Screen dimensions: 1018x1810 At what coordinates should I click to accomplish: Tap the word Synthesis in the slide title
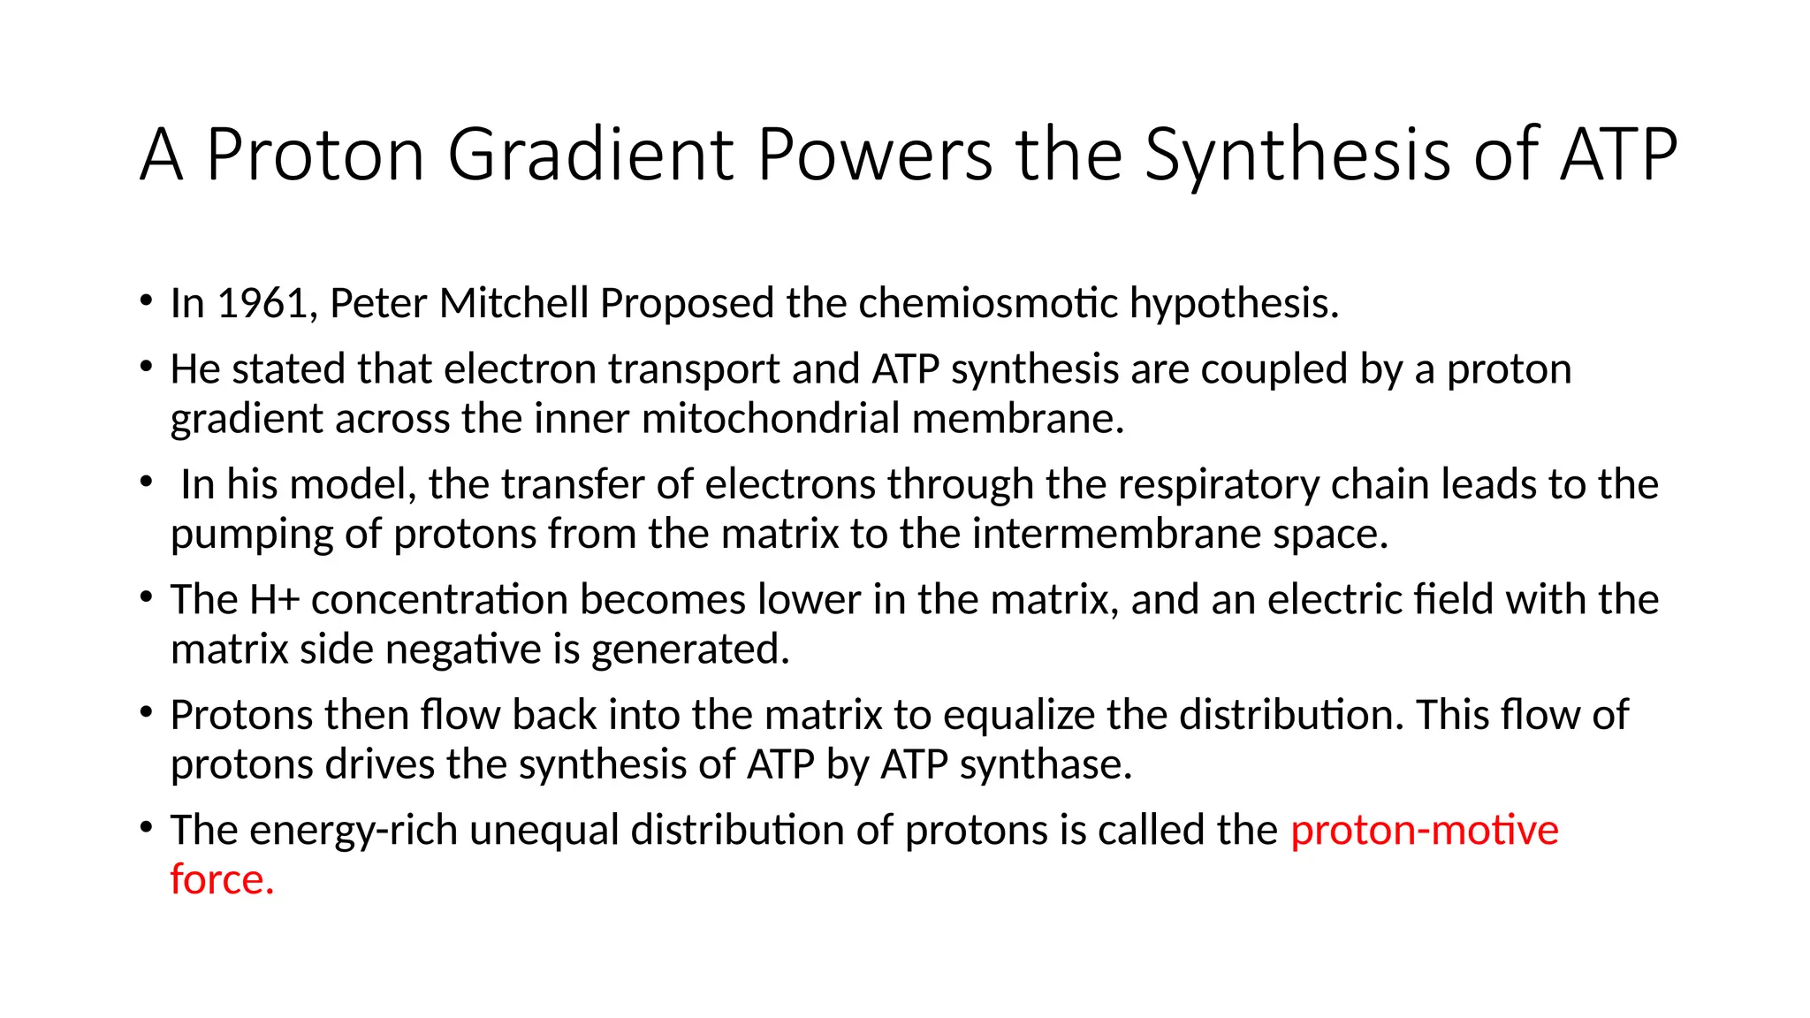[x=1297, y=156]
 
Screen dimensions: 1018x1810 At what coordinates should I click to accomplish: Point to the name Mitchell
[x=513, y=304]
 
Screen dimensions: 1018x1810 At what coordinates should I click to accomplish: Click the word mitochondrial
[x=771, y=419]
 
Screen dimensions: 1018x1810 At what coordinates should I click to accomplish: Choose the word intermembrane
[x=1116, y=534]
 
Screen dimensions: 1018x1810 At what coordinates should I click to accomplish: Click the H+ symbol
[x=275, y=600]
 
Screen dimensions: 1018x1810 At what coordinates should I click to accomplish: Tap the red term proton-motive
[x=1424, y=831]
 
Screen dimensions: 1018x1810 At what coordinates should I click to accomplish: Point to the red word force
[x=221, y=880]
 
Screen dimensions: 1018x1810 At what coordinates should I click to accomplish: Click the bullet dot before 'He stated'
[x=146, y=366]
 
